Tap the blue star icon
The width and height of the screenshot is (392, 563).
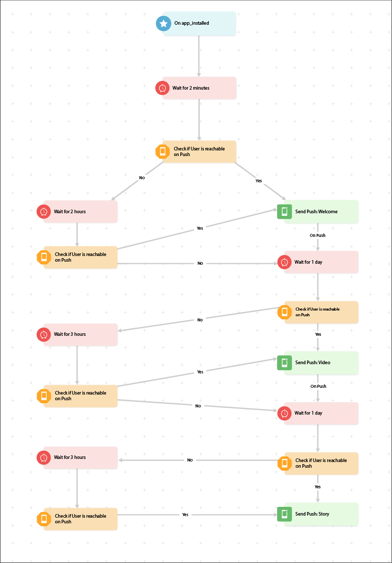click(x=163, y=23)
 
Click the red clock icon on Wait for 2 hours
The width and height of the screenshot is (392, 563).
click(x=44, y=212)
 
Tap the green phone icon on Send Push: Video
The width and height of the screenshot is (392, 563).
click(x=284, y=363)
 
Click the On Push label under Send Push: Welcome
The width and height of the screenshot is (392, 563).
click(x=317, y=235)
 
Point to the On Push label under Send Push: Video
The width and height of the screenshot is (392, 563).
click(x=318, y=386)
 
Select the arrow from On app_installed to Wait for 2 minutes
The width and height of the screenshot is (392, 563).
click(x=199, y=56)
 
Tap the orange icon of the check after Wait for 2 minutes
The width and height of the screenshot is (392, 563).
click(x=163, y=151)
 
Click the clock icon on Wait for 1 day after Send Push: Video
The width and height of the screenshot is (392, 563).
click(x=284, y=413)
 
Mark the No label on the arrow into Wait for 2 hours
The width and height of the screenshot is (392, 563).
click(x=142, y=178)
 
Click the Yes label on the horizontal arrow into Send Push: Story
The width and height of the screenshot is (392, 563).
click(x=185, y=515)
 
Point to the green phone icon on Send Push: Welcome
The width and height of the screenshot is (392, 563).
click(x=284, y=211)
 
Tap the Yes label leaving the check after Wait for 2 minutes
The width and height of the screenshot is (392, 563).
click(x=259, y=181)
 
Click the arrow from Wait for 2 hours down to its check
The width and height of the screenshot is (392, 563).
click(x=77, y=234)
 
